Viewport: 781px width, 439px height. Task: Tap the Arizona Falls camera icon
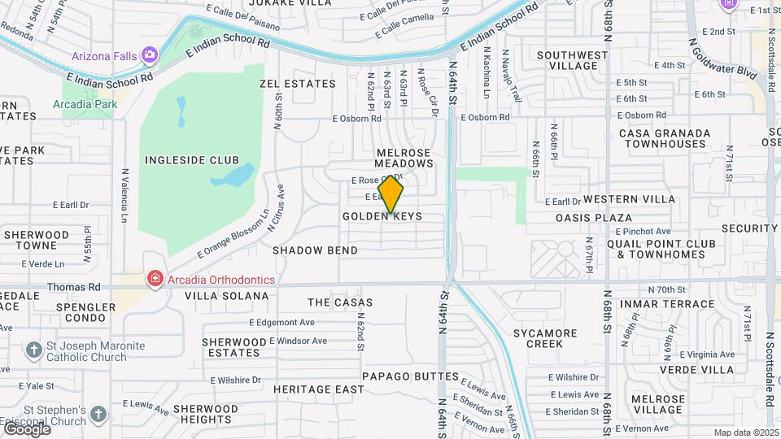click(150, 55)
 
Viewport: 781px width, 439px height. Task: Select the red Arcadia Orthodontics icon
click(155, 280)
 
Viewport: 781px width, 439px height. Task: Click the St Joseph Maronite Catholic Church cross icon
click(33, 351)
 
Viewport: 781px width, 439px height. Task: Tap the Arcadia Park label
click(85, 104)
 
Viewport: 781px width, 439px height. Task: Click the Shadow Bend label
click(315, 250)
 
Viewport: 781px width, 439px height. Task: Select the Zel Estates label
click(297, 84)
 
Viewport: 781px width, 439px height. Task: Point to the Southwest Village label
click(572, 61)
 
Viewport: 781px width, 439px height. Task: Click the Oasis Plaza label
click(593, 218)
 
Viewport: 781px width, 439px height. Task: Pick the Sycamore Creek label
click(545, 338)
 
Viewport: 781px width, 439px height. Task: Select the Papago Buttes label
click(399, 376)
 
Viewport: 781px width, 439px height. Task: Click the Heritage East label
click(318, 389)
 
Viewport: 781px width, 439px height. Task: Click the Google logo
click(27, 428)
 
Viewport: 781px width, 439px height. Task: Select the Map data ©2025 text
click(745, 432)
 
